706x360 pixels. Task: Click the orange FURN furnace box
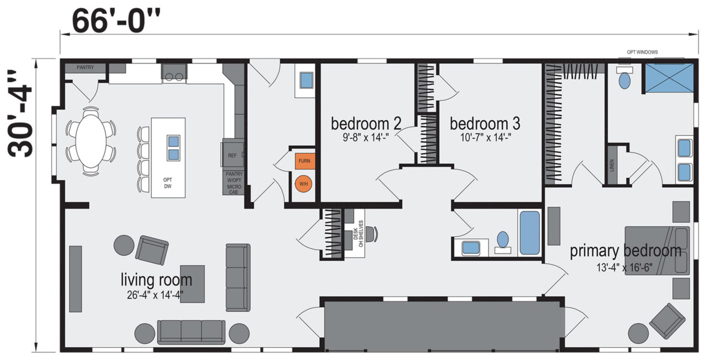[305, 161]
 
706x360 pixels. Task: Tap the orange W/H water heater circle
[304, 184]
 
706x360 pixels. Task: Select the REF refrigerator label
[232, 155]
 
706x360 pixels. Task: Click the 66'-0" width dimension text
[116, 21]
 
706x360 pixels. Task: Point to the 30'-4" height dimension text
[20, 114]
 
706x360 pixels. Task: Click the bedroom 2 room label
[366, 124]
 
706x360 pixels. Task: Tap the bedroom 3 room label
[485, 124]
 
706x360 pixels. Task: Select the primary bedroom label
[626, 251]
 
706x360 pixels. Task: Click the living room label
[156, 279]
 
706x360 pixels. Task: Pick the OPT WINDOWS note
[642, 52]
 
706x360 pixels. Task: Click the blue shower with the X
[669, 78]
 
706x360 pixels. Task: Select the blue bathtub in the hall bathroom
[530, 233]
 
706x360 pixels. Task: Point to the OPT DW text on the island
[168, 183]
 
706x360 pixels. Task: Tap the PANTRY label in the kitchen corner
[85, 67]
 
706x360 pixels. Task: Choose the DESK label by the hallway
[356, 234]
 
